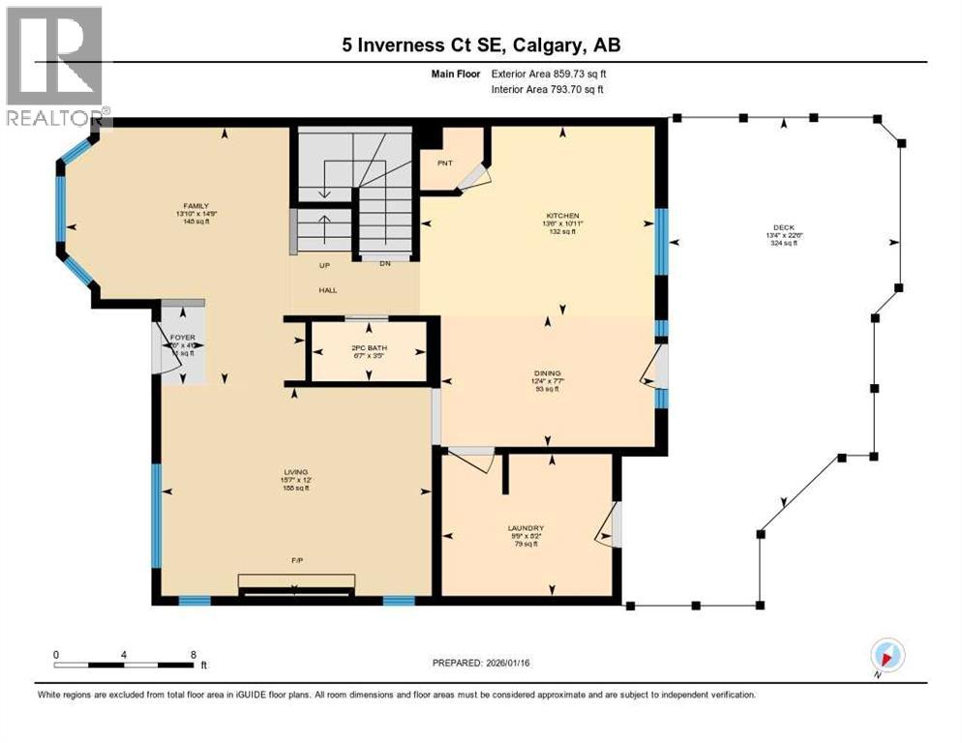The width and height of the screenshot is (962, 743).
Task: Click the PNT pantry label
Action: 445,163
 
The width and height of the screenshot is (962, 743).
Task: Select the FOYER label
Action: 182,338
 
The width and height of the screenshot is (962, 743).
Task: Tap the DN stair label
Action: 384,264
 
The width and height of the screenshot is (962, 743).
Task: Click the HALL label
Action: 328,289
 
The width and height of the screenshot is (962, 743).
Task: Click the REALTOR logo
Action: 55,68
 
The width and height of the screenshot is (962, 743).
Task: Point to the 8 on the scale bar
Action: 194,654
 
